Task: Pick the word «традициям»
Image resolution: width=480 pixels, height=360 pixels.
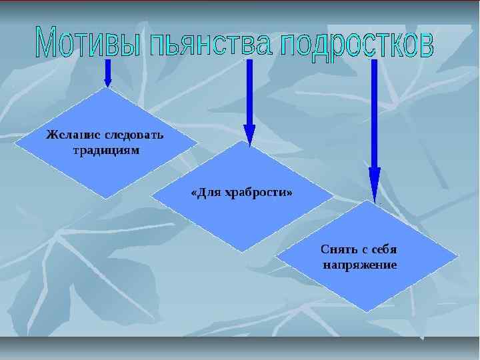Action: point(105,150)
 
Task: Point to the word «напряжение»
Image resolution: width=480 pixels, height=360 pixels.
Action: point(360,265)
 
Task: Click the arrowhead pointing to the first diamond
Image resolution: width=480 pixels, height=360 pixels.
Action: point(108,81)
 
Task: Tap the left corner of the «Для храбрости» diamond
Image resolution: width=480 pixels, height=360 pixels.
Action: point(151,195)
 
